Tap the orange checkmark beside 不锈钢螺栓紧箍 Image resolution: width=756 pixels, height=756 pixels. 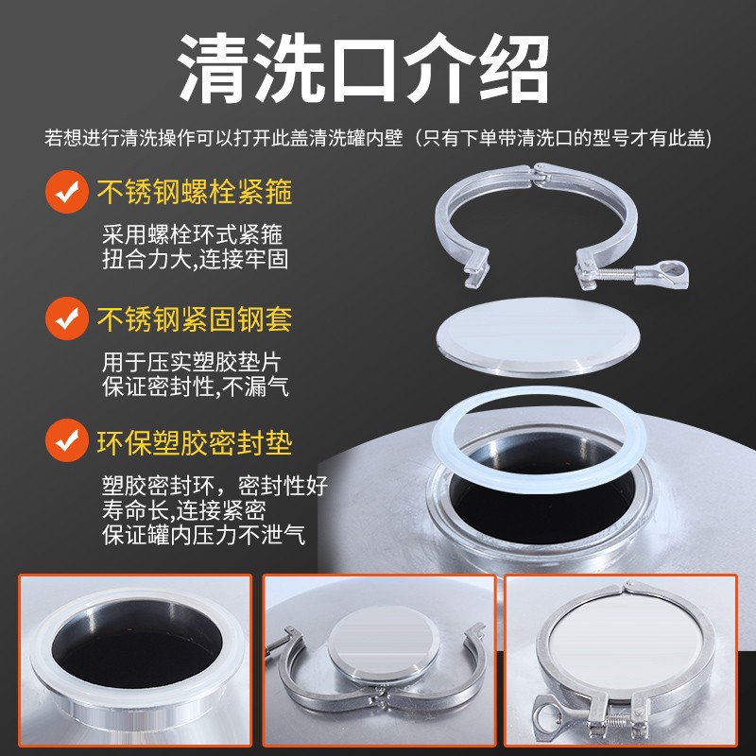click(67, 193)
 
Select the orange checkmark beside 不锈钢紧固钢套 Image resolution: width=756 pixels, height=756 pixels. click(67, 317)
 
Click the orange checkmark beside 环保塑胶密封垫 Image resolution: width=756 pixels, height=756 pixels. click(67, 440)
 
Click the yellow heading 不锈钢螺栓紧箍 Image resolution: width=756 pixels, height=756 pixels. click(195, 193)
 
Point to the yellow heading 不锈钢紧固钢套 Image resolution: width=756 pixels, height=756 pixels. click(195, 318)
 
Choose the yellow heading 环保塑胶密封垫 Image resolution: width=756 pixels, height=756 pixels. click(195, 440)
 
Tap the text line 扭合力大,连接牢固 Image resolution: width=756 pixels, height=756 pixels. click(193, 259)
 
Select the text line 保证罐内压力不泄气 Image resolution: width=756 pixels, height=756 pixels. click(203, 534)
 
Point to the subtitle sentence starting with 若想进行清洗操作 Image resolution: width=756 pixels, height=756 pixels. click(378, 138)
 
